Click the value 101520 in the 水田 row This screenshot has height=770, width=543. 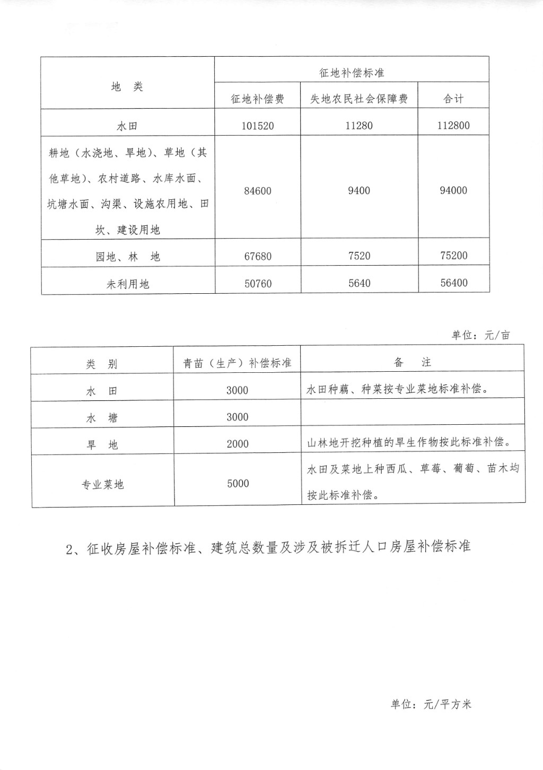[258, 126]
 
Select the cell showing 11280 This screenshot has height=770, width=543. [359, 126]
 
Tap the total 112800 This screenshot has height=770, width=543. [453, 126]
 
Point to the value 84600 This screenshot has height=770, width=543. [258, 191]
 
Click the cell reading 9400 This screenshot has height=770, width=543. [359, 190]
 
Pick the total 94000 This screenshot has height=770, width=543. [453, 190]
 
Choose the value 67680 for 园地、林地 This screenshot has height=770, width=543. [258, 257]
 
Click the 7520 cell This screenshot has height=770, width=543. [359, 256]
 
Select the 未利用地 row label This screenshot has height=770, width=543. [128, 284]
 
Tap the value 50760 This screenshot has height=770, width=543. [258, 284]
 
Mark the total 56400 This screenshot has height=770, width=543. [454, 283]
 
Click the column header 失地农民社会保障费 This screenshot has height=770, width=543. [359, 99]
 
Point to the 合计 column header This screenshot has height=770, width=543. [453, 99]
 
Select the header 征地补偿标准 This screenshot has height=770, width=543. [352, 73]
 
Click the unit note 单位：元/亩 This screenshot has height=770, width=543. [481, 335]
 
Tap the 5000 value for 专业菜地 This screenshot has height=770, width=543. [238, 484]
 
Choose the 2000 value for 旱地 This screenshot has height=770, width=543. [238, 444]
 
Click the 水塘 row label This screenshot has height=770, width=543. [102, 418]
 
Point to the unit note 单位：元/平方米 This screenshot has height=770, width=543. [431, 704]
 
